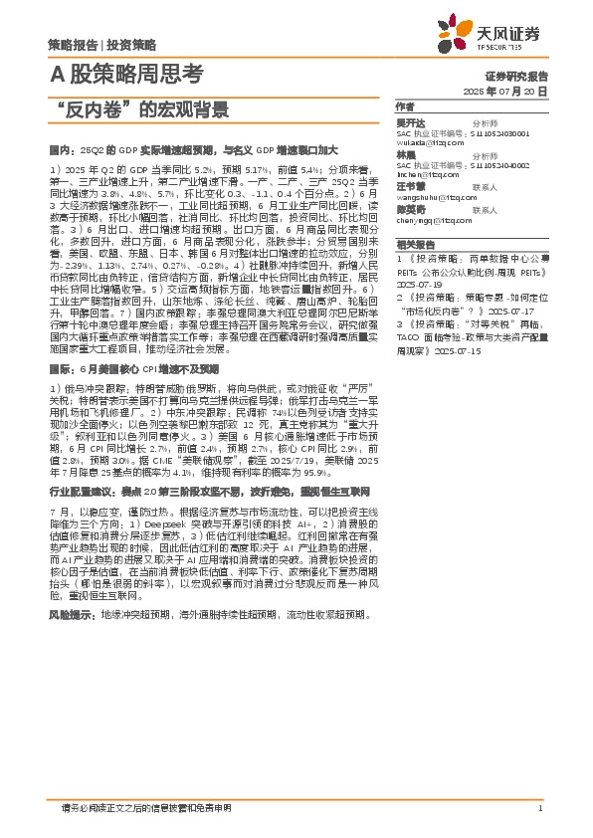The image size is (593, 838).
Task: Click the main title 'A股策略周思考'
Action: click(126, 74)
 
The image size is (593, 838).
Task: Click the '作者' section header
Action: click(405, 106)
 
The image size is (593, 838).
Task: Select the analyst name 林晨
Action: click(405, 155)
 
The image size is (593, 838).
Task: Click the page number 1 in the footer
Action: click(538, 807)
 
